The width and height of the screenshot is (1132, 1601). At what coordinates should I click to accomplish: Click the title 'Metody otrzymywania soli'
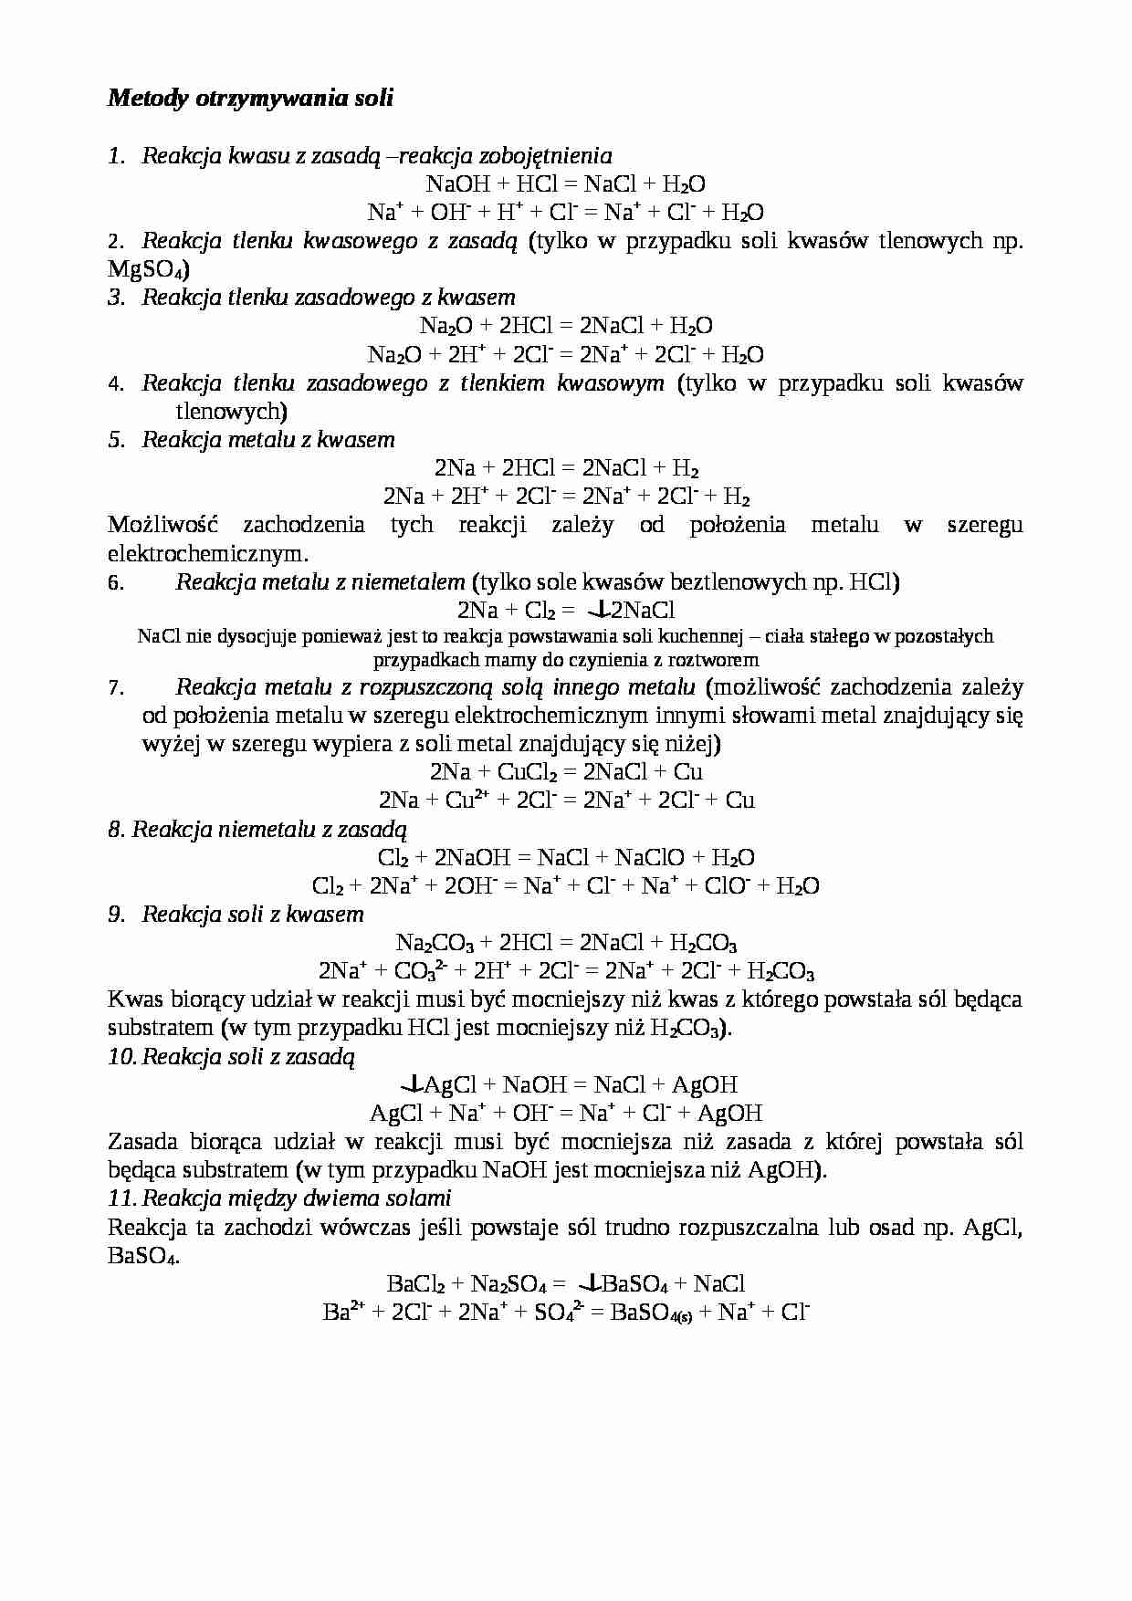coord(250,98)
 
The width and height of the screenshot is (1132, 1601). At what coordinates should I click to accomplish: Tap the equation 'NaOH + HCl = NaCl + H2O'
coord(565,183)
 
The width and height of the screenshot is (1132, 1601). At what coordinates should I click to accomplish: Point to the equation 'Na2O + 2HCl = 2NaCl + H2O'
coord(565,326)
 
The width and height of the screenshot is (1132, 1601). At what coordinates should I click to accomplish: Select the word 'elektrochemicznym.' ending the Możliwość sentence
coord(208,553)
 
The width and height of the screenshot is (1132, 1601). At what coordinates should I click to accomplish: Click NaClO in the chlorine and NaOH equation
coord(649,858)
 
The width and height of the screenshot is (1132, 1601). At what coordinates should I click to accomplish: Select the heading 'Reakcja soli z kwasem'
coord(252,915)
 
